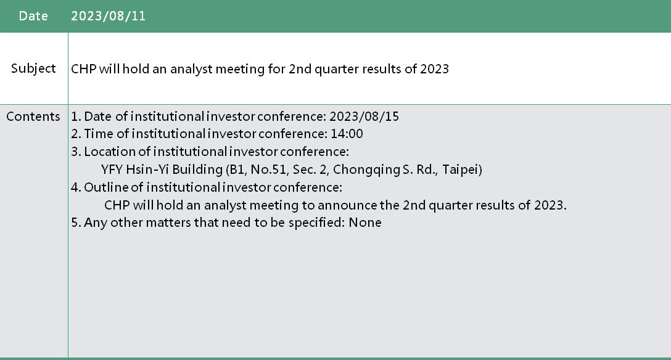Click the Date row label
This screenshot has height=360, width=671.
point(33,16)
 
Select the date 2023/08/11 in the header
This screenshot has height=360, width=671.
point(109,16)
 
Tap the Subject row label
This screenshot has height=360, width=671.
point(33,68)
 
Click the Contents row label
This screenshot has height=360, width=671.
point(33,117)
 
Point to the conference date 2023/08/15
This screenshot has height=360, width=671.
point(364,117)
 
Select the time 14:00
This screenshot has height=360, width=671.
point(347,134)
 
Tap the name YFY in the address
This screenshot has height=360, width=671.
point(112,170)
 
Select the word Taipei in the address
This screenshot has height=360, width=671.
point(461,170)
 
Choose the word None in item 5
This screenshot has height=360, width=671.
point(365,223)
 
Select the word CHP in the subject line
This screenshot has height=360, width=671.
point(83,69)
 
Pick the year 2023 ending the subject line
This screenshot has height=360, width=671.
point(434,69)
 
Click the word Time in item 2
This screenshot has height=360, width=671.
point(99,134)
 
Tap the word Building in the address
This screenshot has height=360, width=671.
point(197,170)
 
